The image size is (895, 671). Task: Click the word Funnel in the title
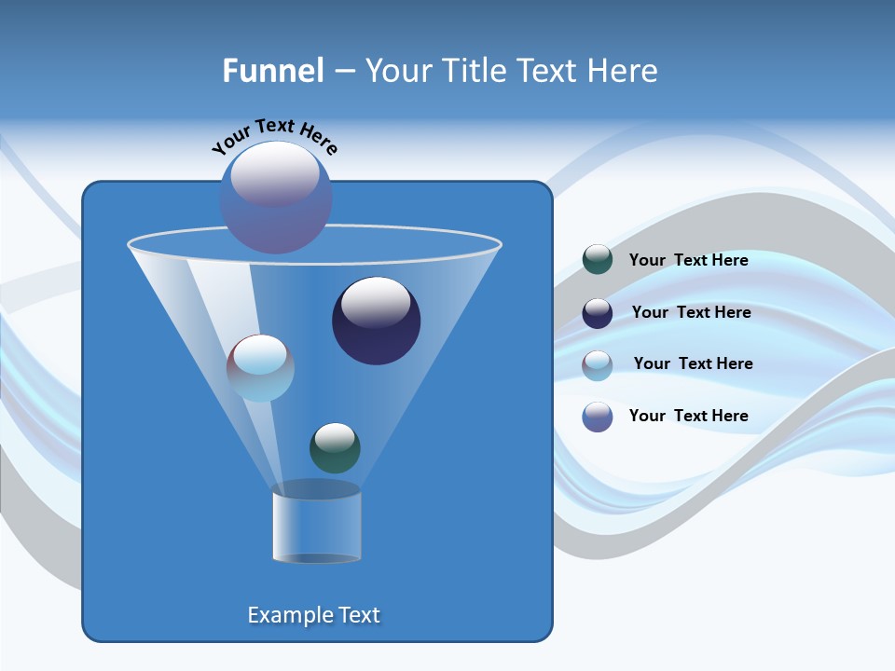pyautogui.click(x=273, y=71)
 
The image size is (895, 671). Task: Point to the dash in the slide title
pyautogui.click(x=343, y=72)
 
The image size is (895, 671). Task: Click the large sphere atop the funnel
pyautogui.click(x=275, y=198)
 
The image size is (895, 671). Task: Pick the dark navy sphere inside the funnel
pyautogui.click(x=376, y=322)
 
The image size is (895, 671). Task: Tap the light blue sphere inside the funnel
pyautogui.click(x=260, y=368)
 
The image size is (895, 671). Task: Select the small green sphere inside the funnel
pyautogui.click(x=335, y=448)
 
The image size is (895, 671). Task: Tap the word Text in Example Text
pyautogui.click(x=357, y=615)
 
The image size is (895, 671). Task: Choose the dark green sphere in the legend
pyautogui.click(x=598, y=260)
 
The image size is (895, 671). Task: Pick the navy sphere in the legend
pyautogui.click(x=598, y=313)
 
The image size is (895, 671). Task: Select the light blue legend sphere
pyautogui.click(x=598, y=364)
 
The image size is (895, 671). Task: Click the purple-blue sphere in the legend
pyautogui.click(x=598, y=417)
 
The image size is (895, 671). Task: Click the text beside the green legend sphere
pyautogui.click(x=688, y=260)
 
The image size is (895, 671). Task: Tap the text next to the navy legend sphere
pyautogui.click(x=691, y=312)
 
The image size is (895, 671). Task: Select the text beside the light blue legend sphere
pyautogui.click(x=693, y=363)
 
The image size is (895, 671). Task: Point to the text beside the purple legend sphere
pyautogui.click(x=688, y=416)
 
